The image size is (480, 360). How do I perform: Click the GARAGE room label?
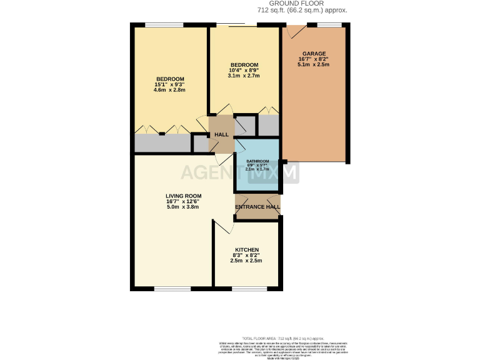[x=313, y=53]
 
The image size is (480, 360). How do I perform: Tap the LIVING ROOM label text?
[x=182, y=196]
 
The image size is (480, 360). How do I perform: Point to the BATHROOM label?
[x=257, y=161]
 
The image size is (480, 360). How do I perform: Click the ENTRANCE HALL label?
[x=257, y=207]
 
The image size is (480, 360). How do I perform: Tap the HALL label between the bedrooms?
[x=221, y=135]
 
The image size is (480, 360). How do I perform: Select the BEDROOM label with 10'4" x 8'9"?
[x=244, y=65]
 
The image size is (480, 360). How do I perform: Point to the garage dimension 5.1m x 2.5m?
[x=313, y=64]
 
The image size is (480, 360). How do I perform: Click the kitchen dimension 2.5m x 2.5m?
[x=246, y=261]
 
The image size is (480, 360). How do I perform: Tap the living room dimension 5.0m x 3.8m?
[x=182, y=207]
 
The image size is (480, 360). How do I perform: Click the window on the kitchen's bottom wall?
[x=246, y=289]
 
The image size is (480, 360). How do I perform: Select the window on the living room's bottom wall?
[x=172, y=289]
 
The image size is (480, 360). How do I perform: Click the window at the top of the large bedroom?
[x=164, y=25]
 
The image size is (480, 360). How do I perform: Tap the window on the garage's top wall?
[x=329, y=25]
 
